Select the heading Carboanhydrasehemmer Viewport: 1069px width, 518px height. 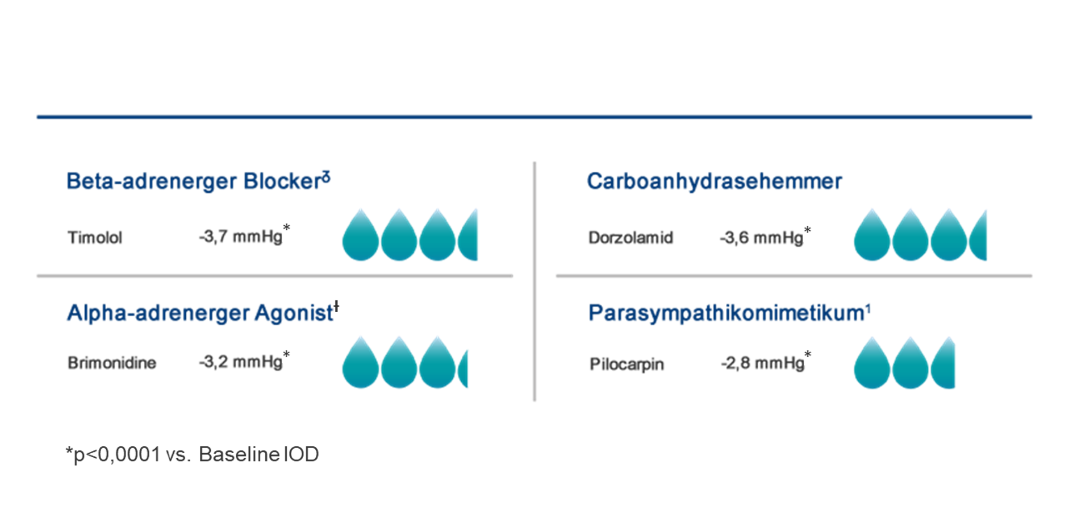pyautogui.click(x=714, y=181)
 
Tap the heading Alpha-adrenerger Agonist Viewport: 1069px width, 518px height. pyautogui.click(x=200, y=313)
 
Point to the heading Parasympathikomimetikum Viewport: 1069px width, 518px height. pyautogui.click(x=726, y=313)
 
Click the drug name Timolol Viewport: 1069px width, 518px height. pyautogui.click(x=95, y=237)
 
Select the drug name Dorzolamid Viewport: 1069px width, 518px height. pyautogui.click(x=630, y=237)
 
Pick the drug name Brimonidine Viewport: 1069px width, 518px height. pyautogui.click(x=112, y=363)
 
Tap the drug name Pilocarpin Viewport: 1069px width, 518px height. pyautogui.click(x=627, y=364)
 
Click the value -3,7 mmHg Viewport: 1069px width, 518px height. pyautogui.click(x=240, y=236)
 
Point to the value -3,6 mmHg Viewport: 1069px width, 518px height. pyautogui.click(x=761, y=237)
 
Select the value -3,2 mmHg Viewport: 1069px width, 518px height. pyautogui.click(x=240, y=362)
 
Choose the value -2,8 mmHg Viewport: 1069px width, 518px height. pyautogui.click(x=762, y=363)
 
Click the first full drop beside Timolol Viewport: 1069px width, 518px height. pyautogui.click(x=361, y=235)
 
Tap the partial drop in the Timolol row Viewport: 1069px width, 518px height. pyautogui.click(x=468, y=235)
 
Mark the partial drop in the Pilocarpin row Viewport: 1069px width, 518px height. pyautogui.click(x=943, y=363)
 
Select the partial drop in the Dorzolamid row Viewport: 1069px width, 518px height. pyautogui.click(x=978, y=235)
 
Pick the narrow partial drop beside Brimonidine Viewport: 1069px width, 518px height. pyautogui.click(x=463, y=370)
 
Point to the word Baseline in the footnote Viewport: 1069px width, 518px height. pyautogui.click(x=239, y=454)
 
